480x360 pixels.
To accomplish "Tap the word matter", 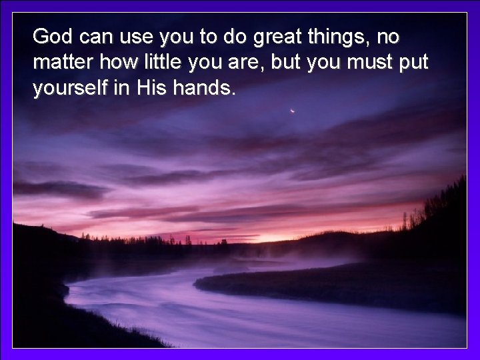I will click(63, 63).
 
